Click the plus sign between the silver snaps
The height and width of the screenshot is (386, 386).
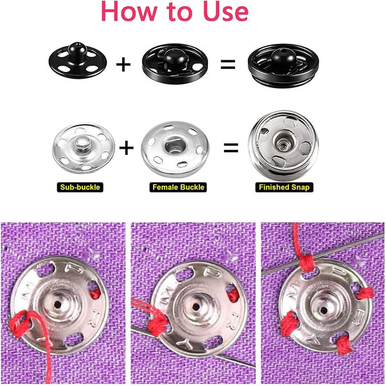coord(127,149)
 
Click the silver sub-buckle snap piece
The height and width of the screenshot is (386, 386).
coord(82,148)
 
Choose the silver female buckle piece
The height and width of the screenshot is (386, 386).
coord(174,149)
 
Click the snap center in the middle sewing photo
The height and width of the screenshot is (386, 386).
coord(190,302)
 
